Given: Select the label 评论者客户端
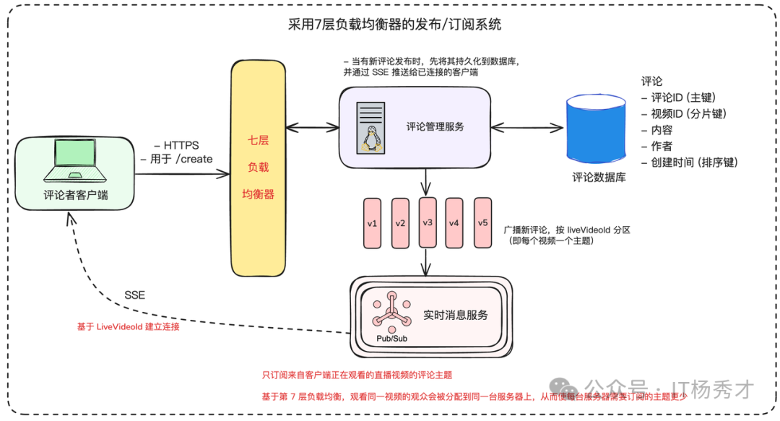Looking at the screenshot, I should click(75, 194).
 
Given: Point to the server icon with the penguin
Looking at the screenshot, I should click(370, 129).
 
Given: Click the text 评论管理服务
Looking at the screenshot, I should click(435, 126).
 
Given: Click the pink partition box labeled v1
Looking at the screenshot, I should click(373, 223).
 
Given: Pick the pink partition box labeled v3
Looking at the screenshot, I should click(428, 222).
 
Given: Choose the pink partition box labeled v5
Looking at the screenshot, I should click(482, 222).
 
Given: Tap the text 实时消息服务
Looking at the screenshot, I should click(456, 315).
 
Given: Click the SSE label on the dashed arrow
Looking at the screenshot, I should click(135, 295).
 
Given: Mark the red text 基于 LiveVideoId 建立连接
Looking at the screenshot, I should click(128, 326).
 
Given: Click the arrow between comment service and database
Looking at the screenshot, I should click(526, 128).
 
